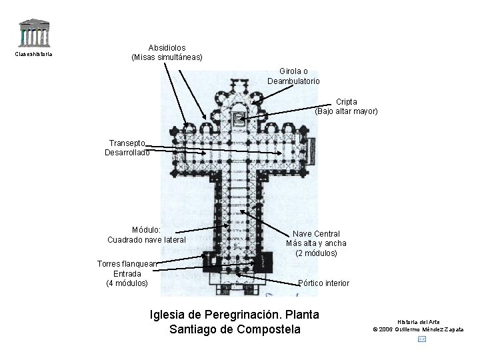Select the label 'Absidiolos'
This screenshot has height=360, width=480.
(167, 48)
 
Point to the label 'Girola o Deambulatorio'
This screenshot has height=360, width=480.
(293, 76)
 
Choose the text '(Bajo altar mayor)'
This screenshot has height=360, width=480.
(346, 111)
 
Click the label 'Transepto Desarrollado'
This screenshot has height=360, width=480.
(127, 147)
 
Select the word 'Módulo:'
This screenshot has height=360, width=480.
(146, 230)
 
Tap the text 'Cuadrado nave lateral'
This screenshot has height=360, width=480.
(146, 240)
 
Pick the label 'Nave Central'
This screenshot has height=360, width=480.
(317, 234)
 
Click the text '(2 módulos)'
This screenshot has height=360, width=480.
(317, 253)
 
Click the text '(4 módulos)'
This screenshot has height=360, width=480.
(127, 283)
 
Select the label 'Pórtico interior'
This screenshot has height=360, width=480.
(324, 283)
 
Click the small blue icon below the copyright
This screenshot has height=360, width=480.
(421, 339)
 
